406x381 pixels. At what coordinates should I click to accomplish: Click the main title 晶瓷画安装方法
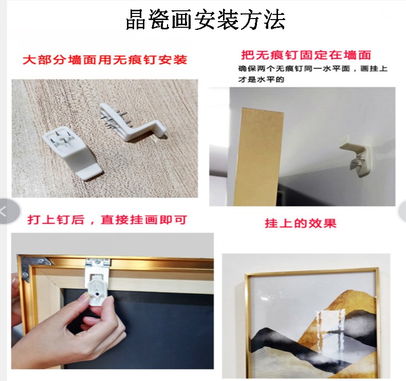pos(206,20)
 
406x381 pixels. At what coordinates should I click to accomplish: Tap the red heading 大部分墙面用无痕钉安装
pos(105,60)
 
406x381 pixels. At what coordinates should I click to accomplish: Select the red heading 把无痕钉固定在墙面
pos(306,55)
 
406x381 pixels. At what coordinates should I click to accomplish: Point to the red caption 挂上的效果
pos(300,223)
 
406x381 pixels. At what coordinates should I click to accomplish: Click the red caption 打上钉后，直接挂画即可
pos(107,220)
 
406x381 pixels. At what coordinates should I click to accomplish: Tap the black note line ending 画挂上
pos(312,68)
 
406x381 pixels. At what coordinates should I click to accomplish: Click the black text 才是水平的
pos(261,79)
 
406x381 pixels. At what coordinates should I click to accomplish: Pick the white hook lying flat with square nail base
pos(73,152)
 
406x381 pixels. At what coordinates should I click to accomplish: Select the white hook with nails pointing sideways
pos(132,122)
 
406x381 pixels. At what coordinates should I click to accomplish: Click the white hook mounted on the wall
pos(357,155)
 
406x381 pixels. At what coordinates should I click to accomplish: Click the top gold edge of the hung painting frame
pos(311,271)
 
